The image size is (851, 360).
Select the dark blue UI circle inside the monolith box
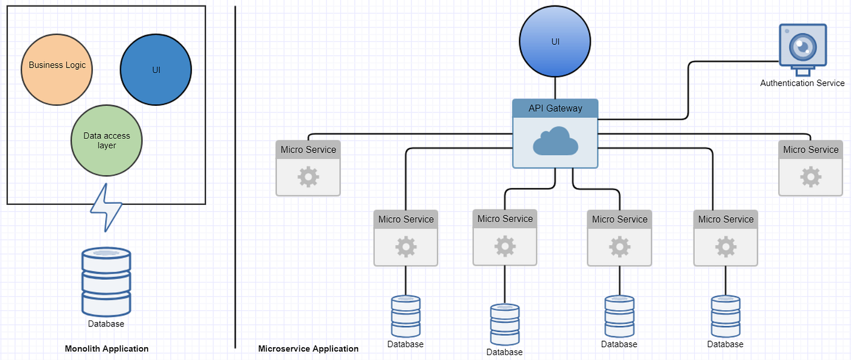point(156,70)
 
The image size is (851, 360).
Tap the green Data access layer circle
point(106,140)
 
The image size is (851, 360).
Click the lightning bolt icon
point(106,207)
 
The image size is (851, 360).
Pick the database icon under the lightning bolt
point(106,281)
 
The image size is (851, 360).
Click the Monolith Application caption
point(106,348)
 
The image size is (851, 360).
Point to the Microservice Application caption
point(308,348)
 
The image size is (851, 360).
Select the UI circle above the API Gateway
point(555,42)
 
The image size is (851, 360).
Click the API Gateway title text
point(555,108)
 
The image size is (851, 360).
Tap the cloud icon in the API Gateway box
point(555,141)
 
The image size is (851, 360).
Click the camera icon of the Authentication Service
point(803,46)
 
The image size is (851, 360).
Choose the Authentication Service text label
point(802,83)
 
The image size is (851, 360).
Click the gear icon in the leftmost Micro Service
point(308,177)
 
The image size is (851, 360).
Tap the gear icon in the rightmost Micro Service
point(810,177)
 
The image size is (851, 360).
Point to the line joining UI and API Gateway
point(555,88)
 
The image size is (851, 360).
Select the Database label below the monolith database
point(106,324)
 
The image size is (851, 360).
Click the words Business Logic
point(57,65)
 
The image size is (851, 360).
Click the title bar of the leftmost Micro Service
point(308,150)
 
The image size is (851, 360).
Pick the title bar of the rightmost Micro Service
point(810,150)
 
